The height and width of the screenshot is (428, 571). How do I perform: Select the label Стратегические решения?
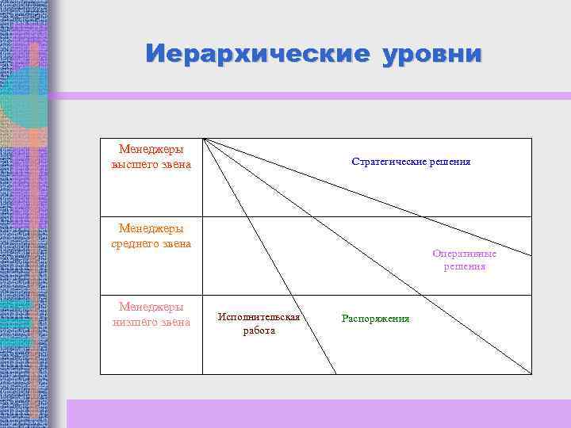tap(411, 162)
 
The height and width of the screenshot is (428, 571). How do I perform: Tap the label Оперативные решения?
tap(465, 261)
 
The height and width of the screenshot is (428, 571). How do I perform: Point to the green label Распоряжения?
tap(375, 319)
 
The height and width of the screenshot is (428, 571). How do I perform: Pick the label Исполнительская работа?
tap(259, 323)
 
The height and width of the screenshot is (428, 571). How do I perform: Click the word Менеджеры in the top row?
tap(151, 148)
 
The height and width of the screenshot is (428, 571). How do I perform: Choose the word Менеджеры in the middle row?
tap(151, 228)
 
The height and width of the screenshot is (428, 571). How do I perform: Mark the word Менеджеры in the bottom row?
tap(151, 306)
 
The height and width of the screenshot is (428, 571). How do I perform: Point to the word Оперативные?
tap(465, 254)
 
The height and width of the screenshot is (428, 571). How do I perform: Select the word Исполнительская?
tap(259, 317)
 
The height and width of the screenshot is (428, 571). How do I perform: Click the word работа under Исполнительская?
tap(259, 331)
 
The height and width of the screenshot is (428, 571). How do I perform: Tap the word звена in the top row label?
tap(175, 164)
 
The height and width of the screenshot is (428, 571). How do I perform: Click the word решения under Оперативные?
tap(465, 267)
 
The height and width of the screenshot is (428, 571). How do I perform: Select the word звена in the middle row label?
tap(177, 243)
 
